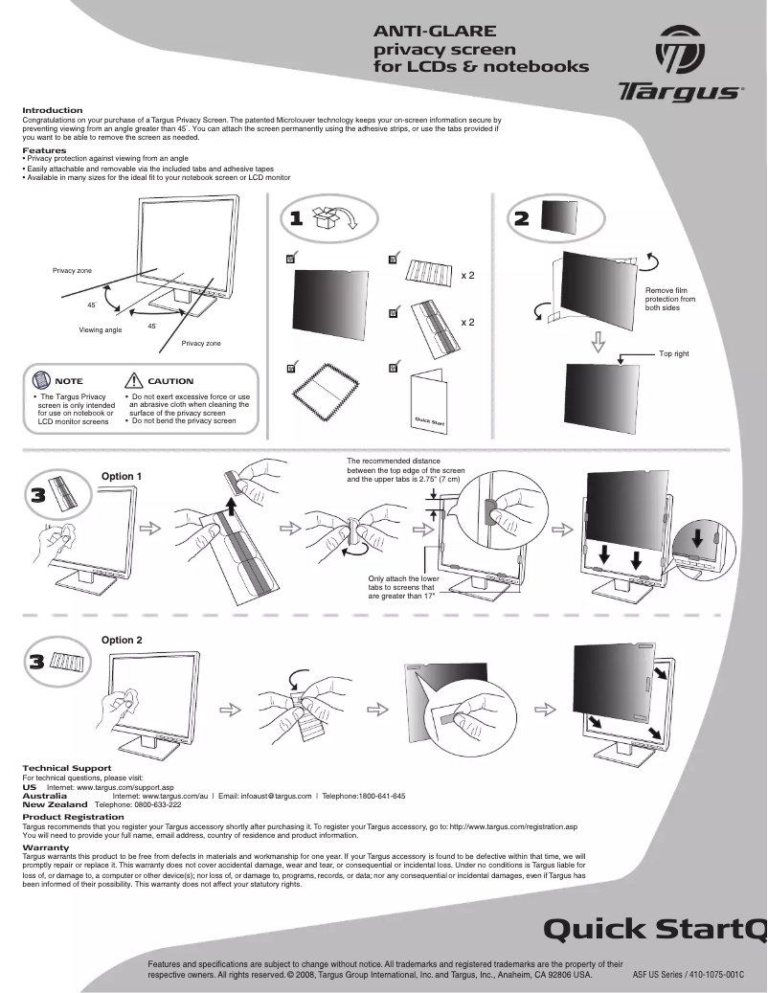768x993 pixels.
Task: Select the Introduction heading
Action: (53, 110)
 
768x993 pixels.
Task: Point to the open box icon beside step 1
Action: (334, 217)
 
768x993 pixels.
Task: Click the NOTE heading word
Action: (69, 381)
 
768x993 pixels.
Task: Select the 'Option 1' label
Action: (122, 476)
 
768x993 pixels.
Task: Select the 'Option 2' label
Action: (122, 640)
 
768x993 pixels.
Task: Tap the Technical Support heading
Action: (66, 768)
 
